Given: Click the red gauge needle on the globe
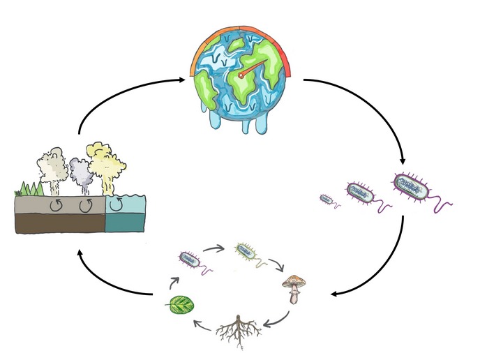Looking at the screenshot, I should tap(253, 68).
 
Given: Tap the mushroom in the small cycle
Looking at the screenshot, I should tap(294, 287).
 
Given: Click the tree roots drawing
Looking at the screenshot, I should tap(239, 331).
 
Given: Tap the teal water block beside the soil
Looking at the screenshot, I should tap(127, 214).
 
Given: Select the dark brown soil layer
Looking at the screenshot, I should tap(59, 223).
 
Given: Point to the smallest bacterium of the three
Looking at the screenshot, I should tap(327, 199).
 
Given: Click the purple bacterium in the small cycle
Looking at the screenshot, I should tap(190, 257).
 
